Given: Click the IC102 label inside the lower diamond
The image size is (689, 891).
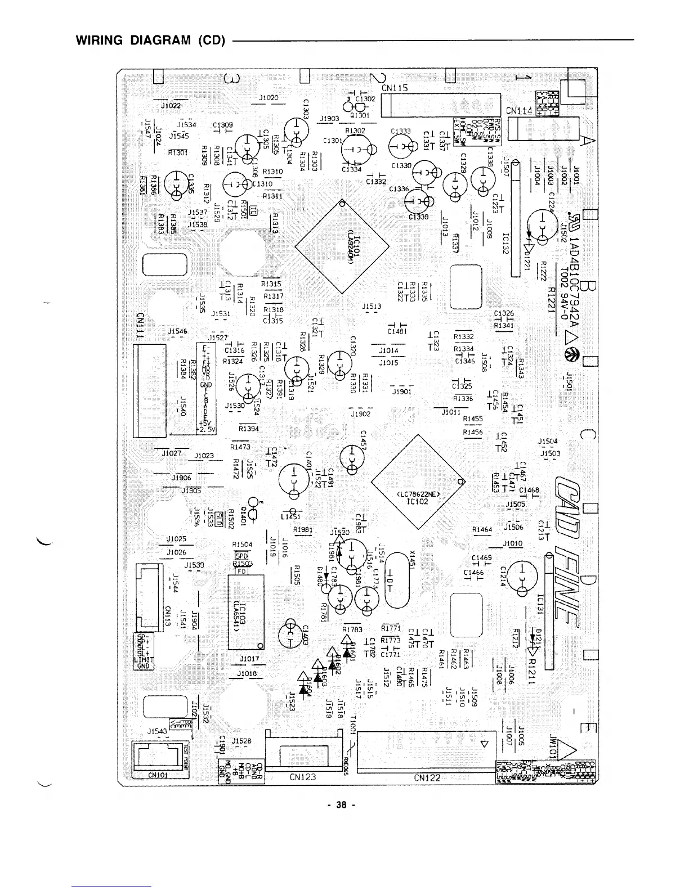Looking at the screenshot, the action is coord(418,502).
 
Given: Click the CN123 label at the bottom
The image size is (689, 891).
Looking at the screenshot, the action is coord(303,777).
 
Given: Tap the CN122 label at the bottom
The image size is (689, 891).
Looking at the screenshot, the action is coord(427,777).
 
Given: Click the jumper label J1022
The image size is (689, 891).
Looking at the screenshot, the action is coord(171,105).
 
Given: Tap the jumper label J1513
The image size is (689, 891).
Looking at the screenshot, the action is coord(372,307).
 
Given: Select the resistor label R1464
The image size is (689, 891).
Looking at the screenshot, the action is coord(482,529).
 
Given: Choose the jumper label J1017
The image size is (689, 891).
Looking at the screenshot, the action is coord(249,658).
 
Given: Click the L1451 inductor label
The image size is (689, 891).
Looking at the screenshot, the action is coord(291,516).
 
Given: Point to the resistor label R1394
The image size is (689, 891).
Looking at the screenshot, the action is coord(248,429).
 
